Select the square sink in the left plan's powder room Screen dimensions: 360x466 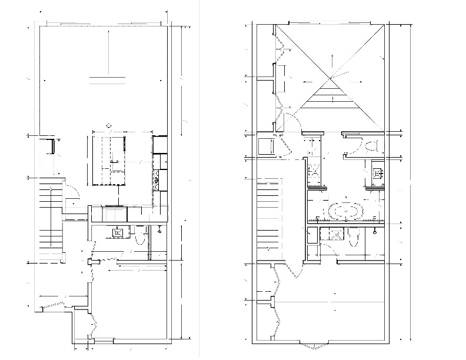tap(118, 232)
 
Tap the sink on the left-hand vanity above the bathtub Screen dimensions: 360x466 tap(314, 172)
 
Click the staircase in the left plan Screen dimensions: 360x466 tap(49, 221)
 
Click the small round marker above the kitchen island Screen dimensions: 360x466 tap(108, 125)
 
